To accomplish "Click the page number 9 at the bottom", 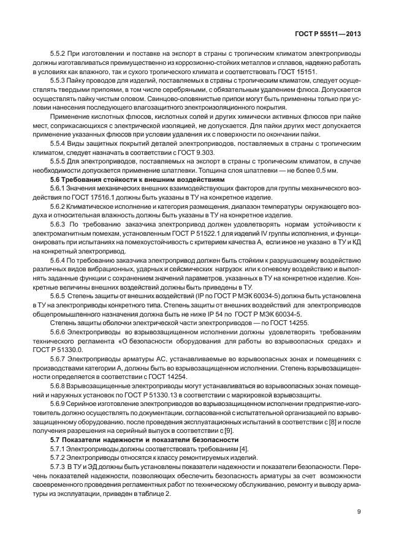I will coord(359,513).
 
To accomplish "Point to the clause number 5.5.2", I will coord(59,54).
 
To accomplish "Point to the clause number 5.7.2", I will coord(59,458).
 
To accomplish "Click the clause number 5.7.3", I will coord(59,468).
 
